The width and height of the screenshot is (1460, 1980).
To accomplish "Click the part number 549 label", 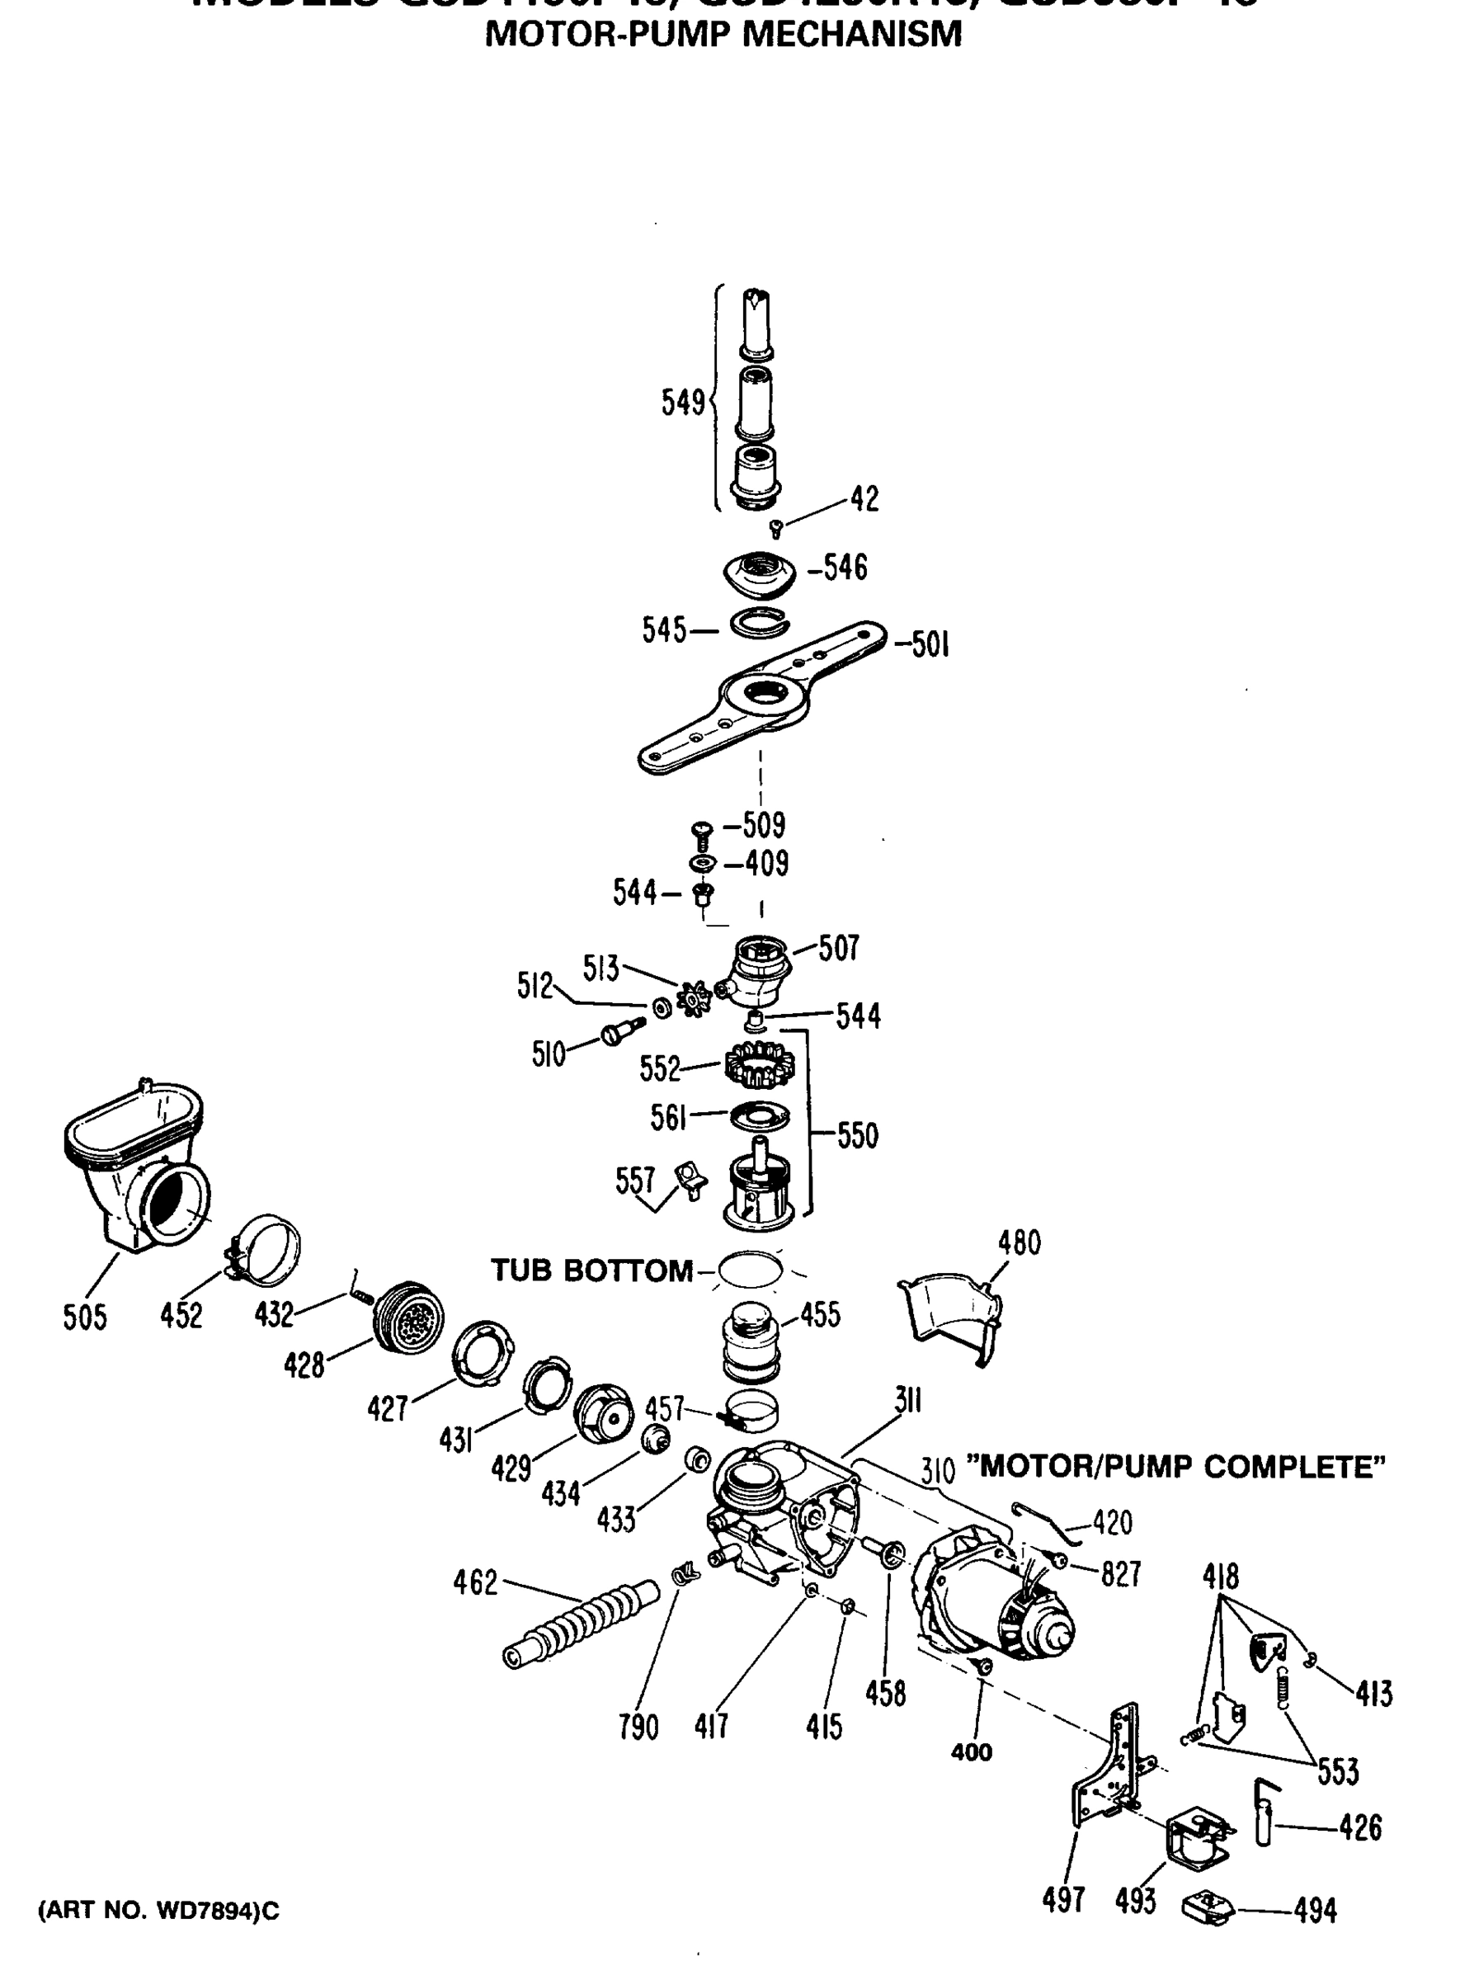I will (x=682, y=403).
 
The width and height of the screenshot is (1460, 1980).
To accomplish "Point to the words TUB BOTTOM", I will (x=591, y=1271).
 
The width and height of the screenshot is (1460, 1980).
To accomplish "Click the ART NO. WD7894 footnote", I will (x=159, y=1911).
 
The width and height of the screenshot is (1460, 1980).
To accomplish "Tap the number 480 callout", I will (x=1019, y=1242).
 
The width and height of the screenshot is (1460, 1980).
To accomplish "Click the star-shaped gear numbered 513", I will (x=694, y=1000).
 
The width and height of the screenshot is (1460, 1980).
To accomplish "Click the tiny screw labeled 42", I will (x=776, y=529).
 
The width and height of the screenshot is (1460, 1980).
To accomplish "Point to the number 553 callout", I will (x=1337, y=1771).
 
